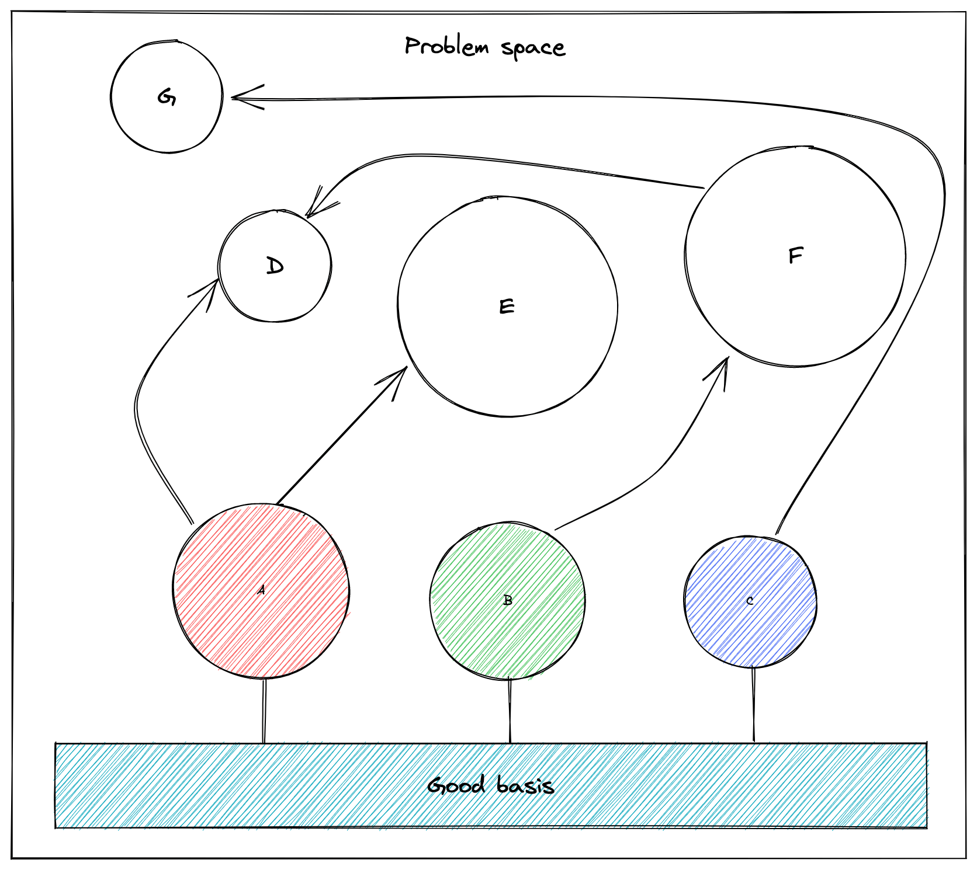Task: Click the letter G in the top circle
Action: click(167, 97)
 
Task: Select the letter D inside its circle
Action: click(275, 266)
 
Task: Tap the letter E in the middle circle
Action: click(507, 307)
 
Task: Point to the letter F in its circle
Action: click(796, 255)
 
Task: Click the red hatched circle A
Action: click(261, 590)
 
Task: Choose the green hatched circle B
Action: click(507, 601)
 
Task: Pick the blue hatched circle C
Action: click(750, 601)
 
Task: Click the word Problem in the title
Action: click(447, 46)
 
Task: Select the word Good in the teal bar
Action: click(456, 785)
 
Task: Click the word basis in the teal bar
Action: click(525, 785)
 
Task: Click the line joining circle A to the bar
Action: click(264, 711)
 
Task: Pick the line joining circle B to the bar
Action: click(510, 711)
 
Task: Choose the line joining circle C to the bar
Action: click(753, 705)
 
